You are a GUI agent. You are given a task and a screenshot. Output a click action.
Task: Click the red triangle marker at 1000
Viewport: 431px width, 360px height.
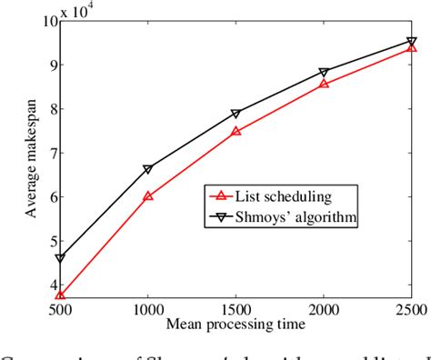coord(147,195)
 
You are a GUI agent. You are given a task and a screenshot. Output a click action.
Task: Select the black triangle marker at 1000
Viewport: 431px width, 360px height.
coord(147,168)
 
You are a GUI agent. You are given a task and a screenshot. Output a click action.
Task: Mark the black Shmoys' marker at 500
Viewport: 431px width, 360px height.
coord(60,258)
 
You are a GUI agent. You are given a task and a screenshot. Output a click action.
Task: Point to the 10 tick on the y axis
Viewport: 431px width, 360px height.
coord(46,22)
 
